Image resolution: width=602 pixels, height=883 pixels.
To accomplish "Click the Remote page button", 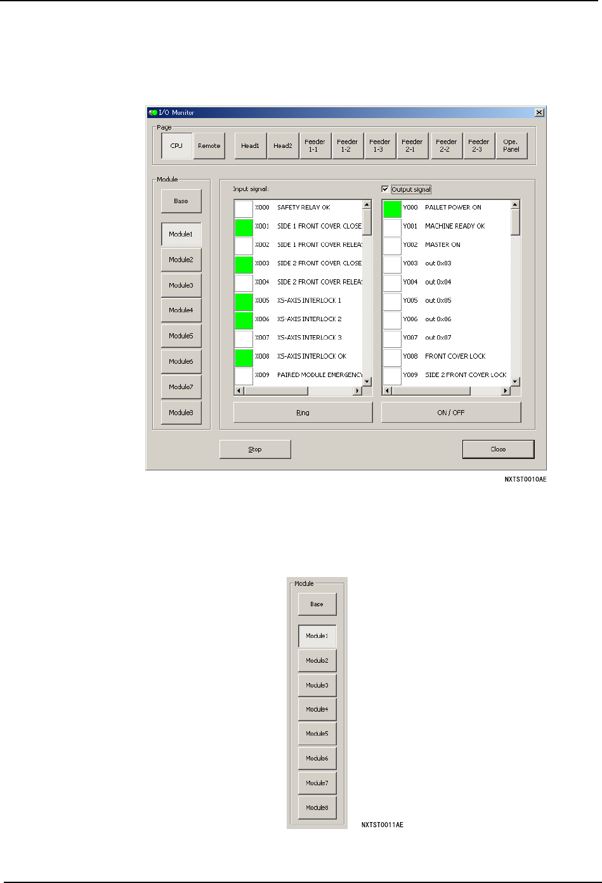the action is (209, 146).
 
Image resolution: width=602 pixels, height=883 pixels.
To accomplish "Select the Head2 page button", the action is (283, 146).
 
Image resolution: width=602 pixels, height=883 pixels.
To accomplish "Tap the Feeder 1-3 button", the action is (379, 146).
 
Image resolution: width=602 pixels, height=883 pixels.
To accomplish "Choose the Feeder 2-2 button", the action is (446, 146).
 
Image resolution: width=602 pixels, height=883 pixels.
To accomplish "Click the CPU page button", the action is (176, 146).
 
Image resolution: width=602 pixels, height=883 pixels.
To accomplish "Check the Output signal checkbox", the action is (385, 189).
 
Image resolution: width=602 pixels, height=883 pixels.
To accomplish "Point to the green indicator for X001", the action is (244, 227).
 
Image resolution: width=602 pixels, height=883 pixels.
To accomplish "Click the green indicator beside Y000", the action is (392, 208).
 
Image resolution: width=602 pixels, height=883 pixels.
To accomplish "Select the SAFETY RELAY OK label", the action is (303, 208).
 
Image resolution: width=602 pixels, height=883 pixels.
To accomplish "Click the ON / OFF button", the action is (450, 413).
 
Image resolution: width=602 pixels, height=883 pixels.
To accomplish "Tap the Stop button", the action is (255, 449).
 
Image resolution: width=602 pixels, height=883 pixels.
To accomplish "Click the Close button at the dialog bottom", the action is (498, 449).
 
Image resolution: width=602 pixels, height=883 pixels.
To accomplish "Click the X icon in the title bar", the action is (539, 112).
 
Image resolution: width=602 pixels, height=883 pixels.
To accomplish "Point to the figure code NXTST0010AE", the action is (525, 480).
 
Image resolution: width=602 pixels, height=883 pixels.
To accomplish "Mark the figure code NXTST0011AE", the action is (382, 825).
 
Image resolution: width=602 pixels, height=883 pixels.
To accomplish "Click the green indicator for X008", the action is (244, 357).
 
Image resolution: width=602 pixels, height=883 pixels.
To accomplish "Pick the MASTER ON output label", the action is (442, 245).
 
